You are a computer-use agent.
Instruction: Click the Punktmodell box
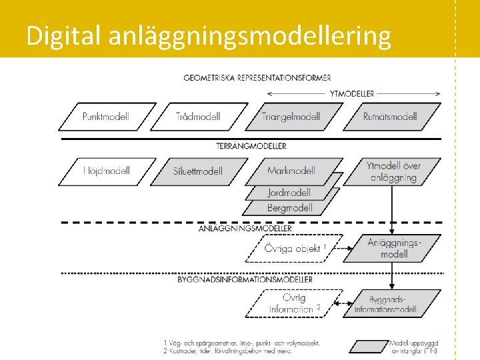pyautogui.click(x=106, y=117)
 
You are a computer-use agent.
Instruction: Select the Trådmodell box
pyautogui.click(x=198, y=117)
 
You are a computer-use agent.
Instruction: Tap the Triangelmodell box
pyautogui.click(x=291, y=117)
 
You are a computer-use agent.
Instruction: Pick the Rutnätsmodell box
pyautogui.click(x=390, y=117)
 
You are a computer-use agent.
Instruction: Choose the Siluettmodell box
pyautogui.click(x=198, y=171)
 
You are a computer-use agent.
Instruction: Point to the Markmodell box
pyautogui.click(x=291, y=170)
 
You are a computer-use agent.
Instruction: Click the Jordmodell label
pyautogui.click(x=289, y=193)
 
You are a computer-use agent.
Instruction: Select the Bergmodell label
pyautogui.click(x=289, y=207)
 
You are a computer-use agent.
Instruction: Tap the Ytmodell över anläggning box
pyautogui.click(x=393, y=171)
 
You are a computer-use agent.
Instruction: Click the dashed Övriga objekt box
pyautogui.click(x=295, y=249)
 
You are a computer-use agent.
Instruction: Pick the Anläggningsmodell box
pyautogui.click(x=394, y=248)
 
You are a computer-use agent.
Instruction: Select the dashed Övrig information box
pyautogui.click(x=294, y=303)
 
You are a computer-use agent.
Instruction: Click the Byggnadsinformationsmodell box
pyautogui.click(x=394, y=303)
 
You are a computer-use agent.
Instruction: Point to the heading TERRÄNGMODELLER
pyautogui.click(x=251, y=145)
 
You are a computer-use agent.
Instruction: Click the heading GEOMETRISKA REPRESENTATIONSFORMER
pyautogui.click(x=257, y=78)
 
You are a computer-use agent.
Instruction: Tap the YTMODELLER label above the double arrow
pyautogui.click(x=351, y=93)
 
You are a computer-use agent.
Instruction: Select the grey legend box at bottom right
pyautogui.click(x=368, y=346)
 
